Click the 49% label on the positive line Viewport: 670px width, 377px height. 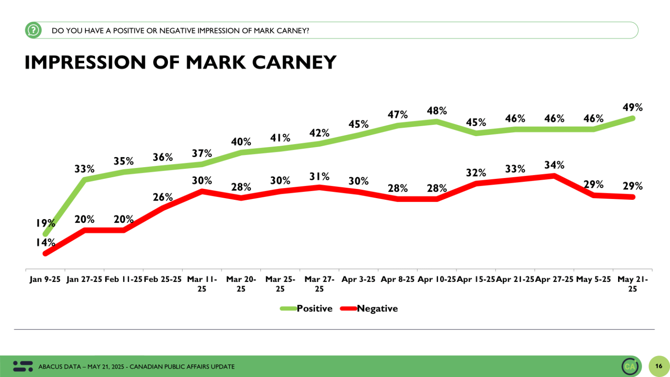[x=632, y=107]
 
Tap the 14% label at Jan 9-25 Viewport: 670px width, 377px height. [x=45, y=242]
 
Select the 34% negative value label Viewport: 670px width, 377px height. [x=554, y=165]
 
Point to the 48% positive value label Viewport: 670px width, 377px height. [x=437, y=111]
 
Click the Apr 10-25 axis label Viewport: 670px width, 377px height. [x=437, y=279]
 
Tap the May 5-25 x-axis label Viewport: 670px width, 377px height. [x=593, y=279]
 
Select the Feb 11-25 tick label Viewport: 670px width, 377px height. [x=123, y=279]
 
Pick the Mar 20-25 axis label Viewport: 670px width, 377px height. [x=241, y=284]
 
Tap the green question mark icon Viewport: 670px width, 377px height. [x=33, y=30]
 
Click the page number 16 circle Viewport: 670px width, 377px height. [x=659, y=366]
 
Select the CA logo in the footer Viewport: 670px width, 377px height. [x=630, y=366]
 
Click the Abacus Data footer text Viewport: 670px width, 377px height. [x=136, y=367]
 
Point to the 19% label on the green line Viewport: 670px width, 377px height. [x=45, y=223]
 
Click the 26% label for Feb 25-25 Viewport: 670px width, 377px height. [x=163, y=197]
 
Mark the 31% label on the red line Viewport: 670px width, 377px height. [x=319, y=176]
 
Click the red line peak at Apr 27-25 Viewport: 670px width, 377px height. [x=554, y=176]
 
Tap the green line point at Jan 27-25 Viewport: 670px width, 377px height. [x=85, y=179]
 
